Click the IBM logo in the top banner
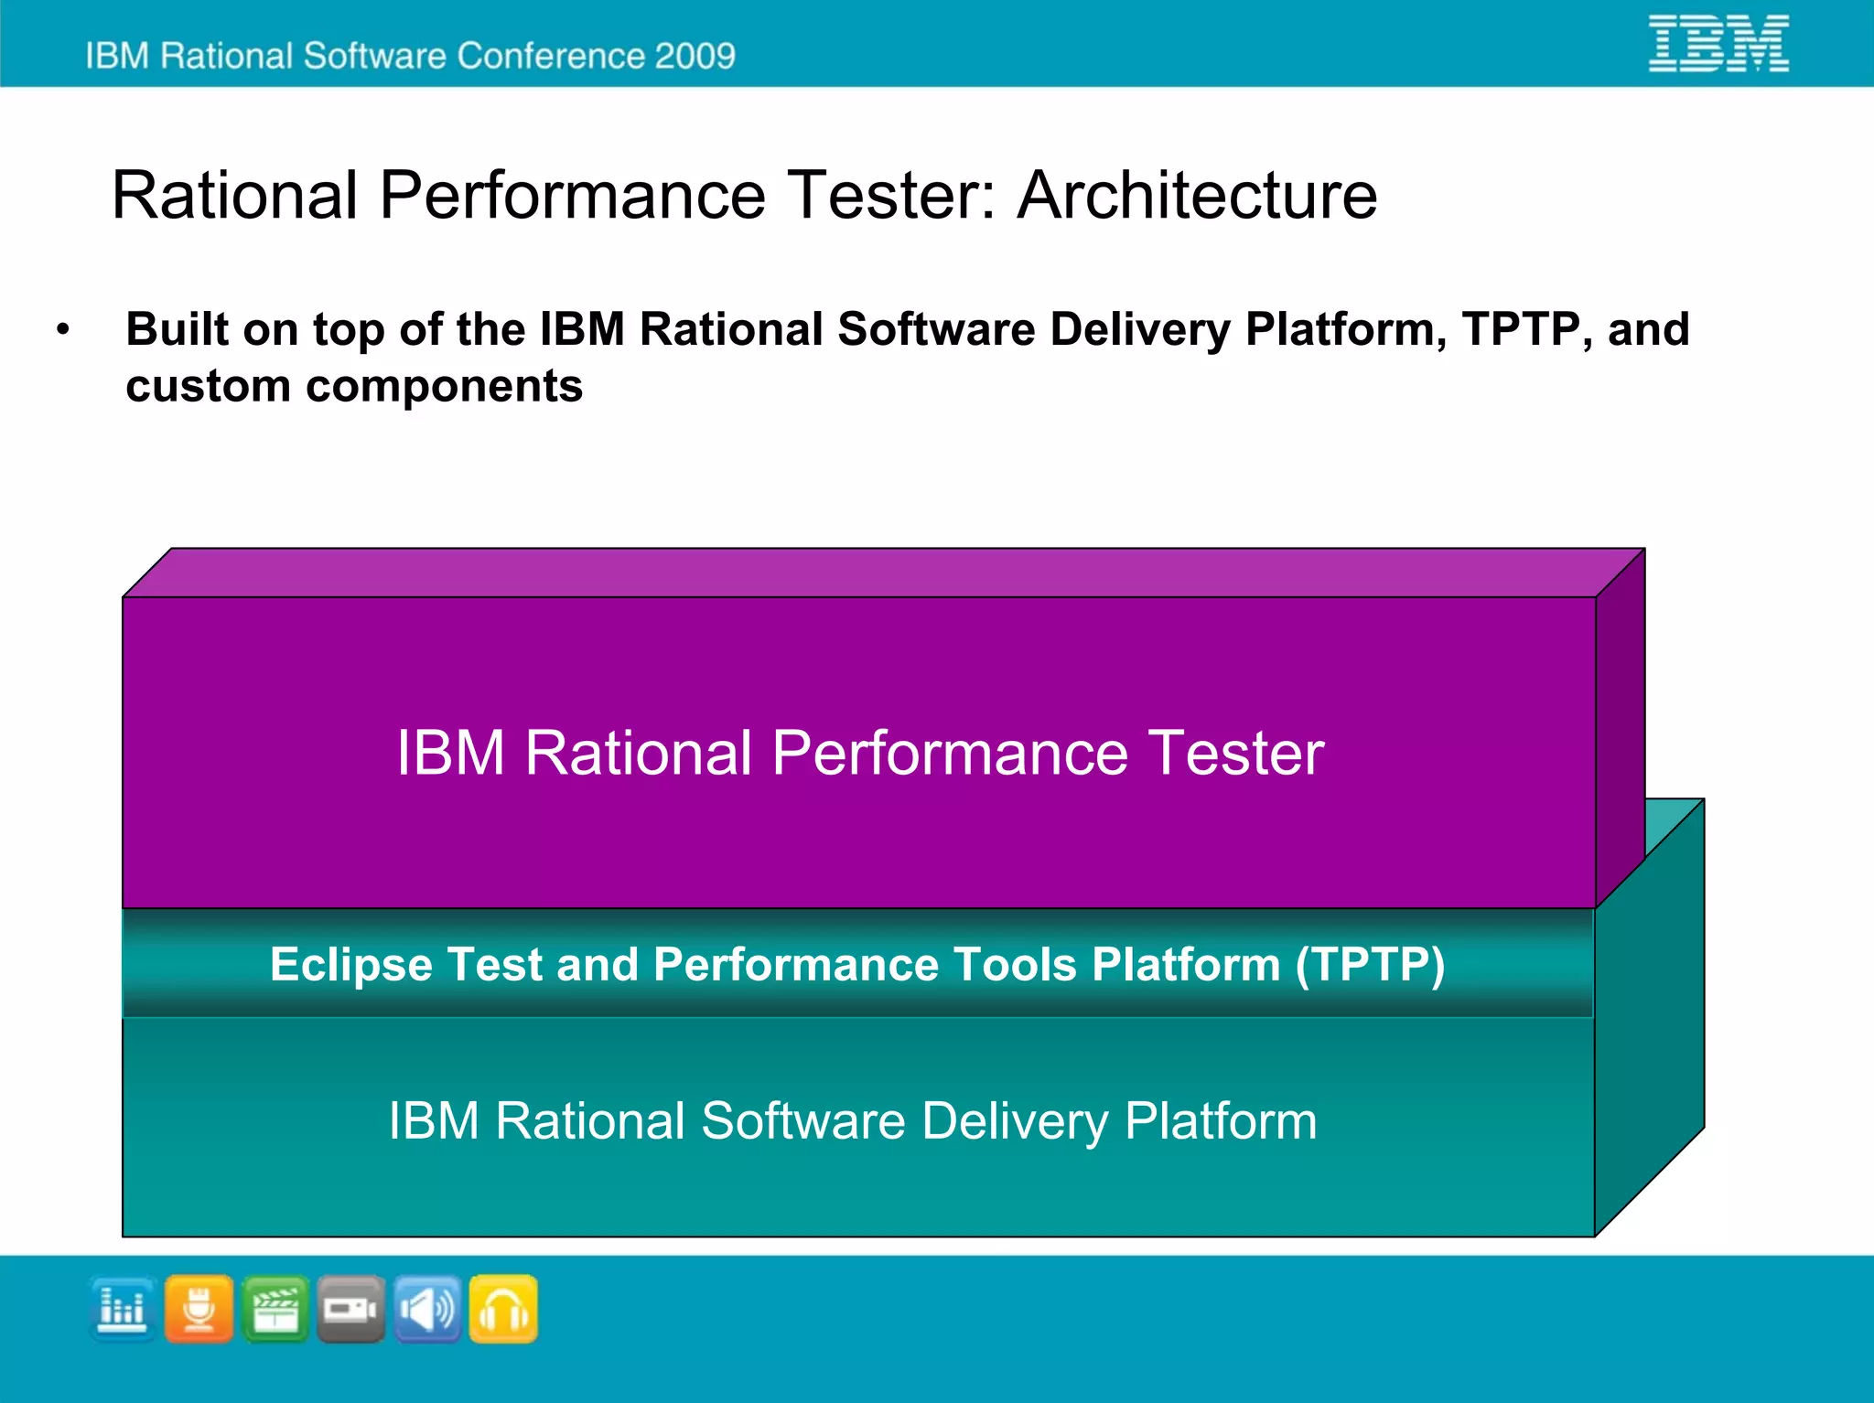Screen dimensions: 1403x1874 tap(1718, 43)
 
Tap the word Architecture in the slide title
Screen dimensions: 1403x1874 tap(1197, 196)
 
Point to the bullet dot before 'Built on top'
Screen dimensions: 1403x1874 tap(62, 330)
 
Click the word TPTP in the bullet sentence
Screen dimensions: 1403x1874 tap(1521, 329)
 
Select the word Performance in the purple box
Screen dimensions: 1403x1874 tap(950, 753)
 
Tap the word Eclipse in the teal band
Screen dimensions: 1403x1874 tap(350, 964)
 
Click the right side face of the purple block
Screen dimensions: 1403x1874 tap(1620, 732)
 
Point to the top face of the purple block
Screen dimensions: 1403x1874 tap(883, 573)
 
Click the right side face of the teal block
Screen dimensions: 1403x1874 tap(1650, 1024)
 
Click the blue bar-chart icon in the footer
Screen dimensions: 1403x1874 tap(123, 1309)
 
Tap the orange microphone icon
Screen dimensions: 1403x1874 tap(199, 1309)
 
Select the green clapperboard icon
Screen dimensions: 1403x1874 tap(275, 1309)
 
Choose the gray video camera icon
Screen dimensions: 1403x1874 tap(351, 1309)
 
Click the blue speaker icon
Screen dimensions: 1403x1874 tap(427, 1309)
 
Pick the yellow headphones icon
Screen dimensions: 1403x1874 tap(503, 1309)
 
